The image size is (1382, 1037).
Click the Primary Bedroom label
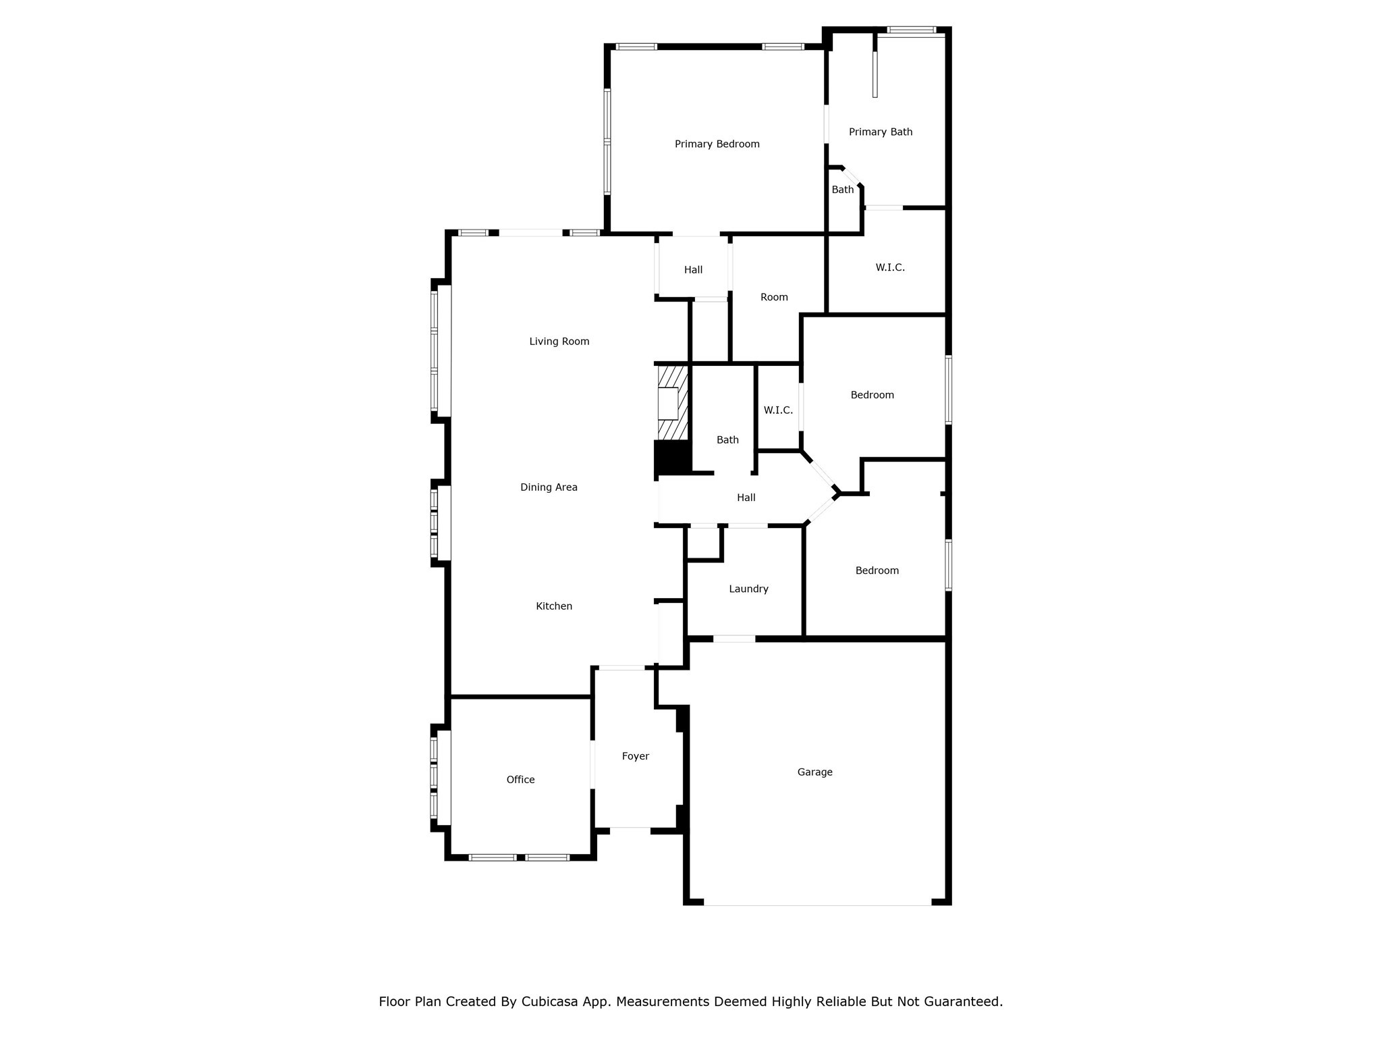(717, 144)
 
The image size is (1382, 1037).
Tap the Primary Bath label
(880, 132)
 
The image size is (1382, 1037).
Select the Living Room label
(559, 342)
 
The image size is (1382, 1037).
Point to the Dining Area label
(549, 487)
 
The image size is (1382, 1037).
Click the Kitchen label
(554, 606)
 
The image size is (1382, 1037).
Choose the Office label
(520, 780)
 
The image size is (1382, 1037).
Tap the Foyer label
(635, 756)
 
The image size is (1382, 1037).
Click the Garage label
(814, 772)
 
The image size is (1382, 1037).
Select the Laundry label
(748, 589)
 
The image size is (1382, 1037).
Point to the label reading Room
(774, 297)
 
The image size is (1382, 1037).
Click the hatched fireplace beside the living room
(673, 403)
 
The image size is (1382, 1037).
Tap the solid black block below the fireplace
(672, 458)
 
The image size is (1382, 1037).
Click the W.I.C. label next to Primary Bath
(890, 267)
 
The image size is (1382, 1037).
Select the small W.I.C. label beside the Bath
(778, 410)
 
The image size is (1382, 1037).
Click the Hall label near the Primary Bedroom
(693, 270)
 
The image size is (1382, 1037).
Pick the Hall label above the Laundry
(746, 498)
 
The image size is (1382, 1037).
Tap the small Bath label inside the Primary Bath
(842, 190)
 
